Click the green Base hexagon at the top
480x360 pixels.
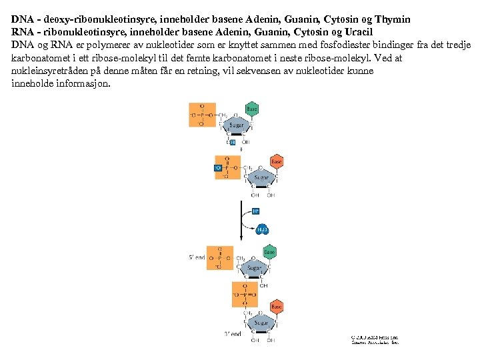[x=251, y=108]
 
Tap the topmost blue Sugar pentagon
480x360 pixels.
[x=237, y=125]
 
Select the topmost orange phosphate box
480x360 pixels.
[x=201, y=115]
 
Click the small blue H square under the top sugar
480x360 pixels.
[x=232, y=142]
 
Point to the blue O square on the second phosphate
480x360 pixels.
[x=217, y=168]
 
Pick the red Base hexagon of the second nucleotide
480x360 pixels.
[x=276, y=161]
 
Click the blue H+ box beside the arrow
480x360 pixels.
[x=255, y=211]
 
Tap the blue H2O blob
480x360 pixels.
[x=262, y=229]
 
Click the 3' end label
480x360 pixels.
[x=232, y=334]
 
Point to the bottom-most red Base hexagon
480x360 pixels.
[x=276, y=307]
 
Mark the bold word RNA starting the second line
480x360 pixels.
[x=23, y=32]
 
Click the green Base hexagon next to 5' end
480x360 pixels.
[x=269, y=253]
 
